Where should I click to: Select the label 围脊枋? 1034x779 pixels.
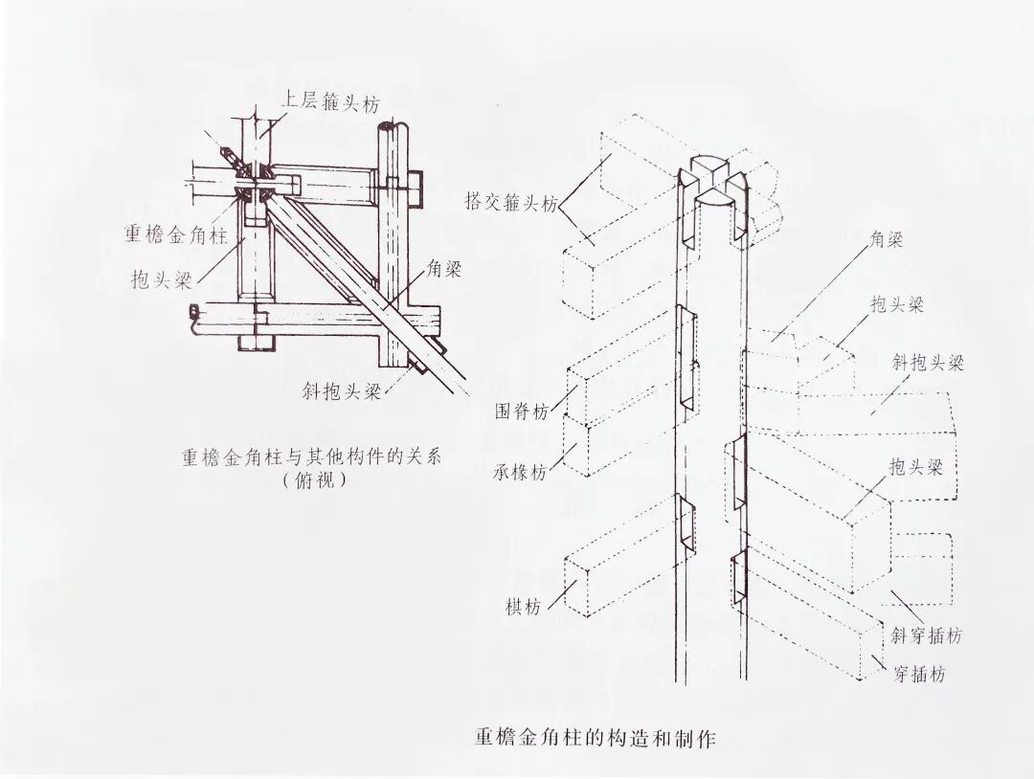coord(522,412)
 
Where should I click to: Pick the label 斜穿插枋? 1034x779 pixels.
coord(925,635)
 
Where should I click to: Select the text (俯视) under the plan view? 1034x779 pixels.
coord(314,482)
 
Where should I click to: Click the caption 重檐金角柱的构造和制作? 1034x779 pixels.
coord(595,739)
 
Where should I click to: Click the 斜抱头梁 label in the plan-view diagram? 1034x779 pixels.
coord(340,392)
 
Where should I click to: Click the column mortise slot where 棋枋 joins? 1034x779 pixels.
coord(686,526)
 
